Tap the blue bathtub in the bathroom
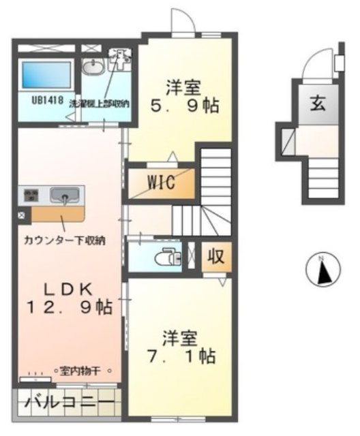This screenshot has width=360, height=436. click(46, 77)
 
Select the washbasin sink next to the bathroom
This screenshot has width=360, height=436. click(92, 66)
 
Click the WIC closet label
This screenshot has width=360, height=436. click(161, 183)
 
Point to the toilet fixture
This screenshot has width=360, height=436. click(166, 258)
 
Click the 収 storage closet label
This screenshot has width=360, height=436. click(215, 257)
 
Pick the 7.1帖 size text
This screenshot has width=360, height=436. click(181, 356)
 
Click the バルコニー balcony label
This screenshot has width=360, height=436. click(69, 403)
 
